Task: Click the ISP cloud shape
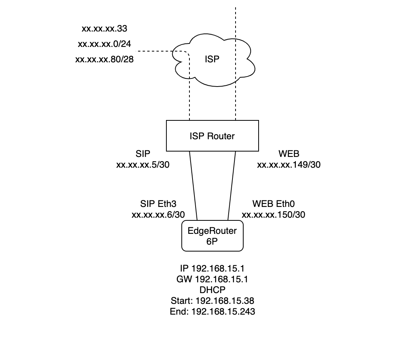click(x=215, y=60)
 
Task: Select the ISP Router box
click(x=212, y=136)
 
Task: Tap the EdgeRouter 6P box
click(x=212, y=236)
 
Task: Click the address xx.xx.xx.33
click(x=104, y=29)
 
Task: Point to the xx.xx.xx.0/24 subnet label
click(x=104, y=44)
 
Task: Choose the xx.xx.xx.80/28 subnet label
click(x=104, y=60)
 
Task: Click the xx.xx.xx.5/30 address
click(x=143, y=165)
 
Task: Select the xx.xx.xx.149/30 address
click(x=289, y=165)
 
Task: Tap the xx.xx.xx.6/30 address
click(x=158, y=215)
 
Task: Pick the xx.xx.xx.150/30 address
click(x=274, y=215)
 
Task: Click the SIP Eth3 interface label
click(x=158, y=203)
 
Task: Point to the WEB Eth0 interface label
click(x=274, y=203)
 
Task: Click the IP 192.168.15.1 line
click(x=212, y=268)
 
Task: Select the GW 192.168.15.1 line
click(x=212, y=279)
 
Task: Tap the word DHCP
click(x=212, y=290)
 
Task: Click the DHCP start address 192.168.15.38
click(x=212, y=301)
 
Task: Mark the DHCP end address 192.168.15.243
click(x=212, y=312)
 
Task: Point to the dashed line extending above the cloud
click(x=235, y=19)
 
